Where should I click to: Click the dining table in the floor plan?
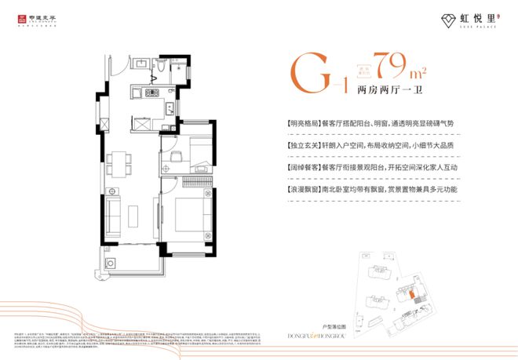click(119, 162)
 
